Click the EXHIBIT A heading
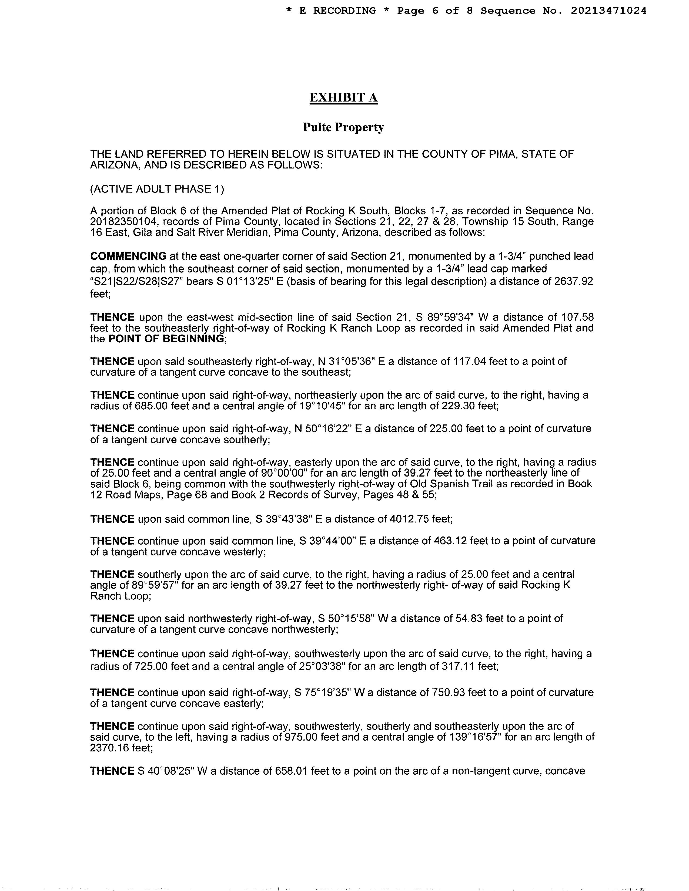pos(343,98)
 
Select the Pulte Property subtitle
pos(343,128)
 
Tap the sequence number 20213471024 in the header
pos(608,11)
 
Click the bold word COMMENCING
pos(128,256)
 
